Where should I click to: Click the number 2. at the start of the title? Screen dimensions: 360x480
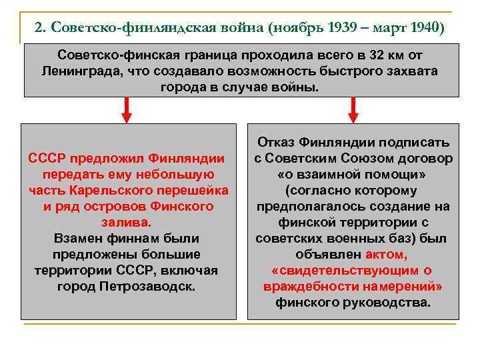coord(40,27)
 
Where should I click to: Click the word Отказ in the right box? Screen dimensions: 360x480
coord(277,142)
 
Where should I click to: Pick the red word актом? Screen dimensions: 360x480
coord(386,254)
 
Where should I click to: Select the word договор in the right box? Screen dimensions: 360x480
coord(423,158)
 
